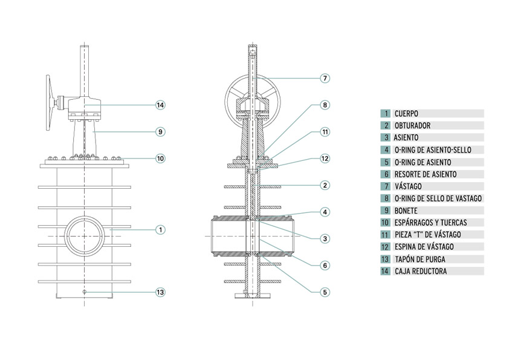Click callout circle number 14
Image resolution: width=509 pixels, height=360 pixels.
point(160,105)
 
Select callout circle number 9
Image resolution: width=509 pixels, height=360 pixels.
point(160,131)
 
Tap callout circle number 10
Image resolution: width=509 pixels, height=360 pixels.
point(160,159)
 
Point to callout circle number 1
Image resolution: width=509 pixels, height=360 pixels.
point(160,230)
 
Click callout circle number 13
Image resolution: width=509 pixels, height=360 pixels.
point(160,292)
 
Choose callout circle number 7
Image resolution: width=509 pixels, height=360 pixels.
point(325,78)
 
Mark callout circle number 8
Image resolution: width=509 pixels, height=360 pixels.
point(325,105)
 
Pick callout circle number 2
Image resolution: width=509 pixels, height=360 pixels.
point(325,185)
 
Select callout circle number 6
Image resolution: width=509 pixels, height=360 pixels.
point(325,265)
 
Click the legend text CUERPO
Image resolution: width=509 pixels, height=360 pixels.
point(406,113)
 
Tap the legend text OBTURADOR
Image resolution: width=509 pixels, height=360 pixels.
point(412,125)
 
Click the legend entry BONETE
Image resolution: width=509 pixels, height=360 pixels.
point(407,211)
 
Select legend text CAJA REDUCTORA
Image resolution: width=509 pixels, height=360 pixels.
point(421,271)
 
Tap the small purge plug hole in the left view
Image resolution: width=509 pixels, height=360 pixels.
point(84,292)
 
